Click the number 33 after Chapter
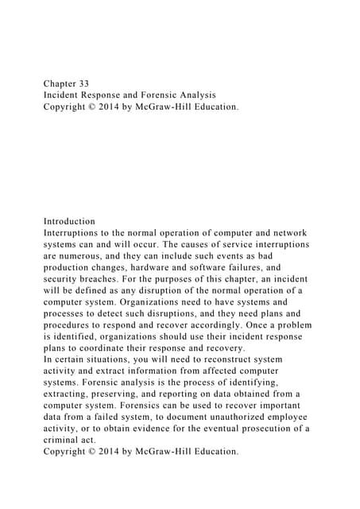88,82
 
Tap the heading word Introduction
69,221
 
